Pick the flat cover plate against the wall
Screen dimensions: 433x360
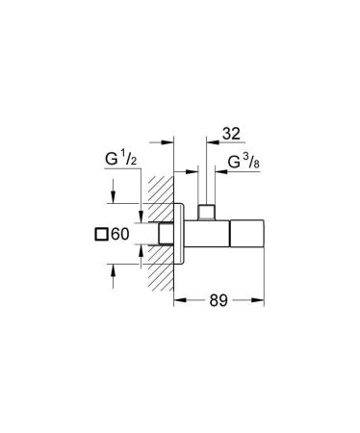179,235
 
